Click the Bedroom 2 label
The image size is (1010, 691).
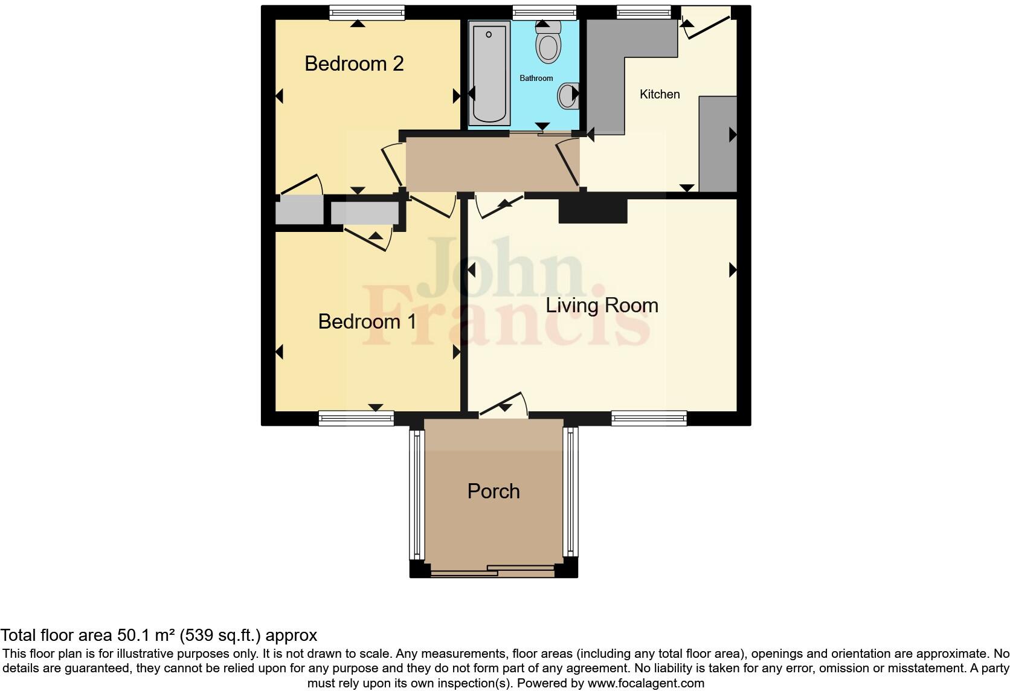[x=354, y=63]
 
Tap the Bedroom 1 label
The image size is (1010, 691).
[x=367, y=321]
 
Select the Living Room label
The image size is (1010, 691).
[x=602, y=306]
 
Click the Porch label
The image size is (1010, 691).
[x=494, y=491]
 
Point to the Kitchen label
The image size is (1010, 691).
[x=660, y=94]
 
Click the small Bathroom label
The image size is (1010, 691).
[x=536, y=78]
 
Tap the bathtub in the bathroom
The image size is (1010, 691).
[x=489, y=72]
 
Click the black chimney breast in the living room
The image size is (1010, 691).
[x=593, y=211]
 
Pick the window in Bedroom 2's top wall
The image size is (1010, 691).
[x=367, y=12]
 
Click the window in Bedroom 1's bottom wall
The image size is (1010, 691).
[x=356, y=418]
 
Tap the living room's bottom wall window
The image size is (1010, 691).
[x=649, y=418]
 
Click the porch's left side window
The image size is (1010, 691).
[x=417, y=494]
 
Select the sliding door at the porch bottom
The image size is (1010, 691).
[x=492, y=570]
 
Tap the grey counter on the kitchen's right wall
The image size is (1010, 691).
[x=718, y=144]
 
